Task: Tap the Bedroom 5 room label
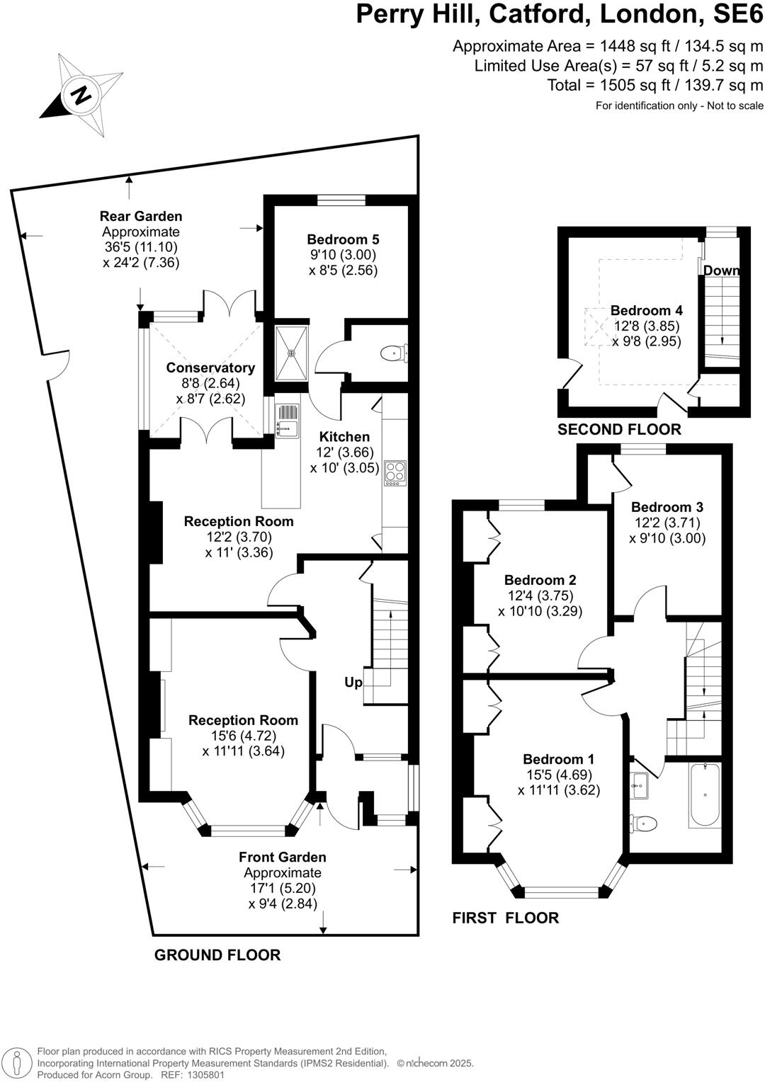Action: click(x=343, y=239)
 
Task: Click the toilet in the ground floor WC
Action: click(x=392, y=352)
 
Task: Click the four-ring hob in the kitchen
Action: click(x=395, y=472)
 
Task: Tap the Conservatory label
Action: click(x=210, y=368)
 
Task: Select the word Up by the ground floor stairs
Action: click(x=353, y=682)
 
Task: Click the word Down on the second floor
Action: click(x=721, y=270)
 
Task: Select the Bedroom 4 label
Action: click(x=646, y=310)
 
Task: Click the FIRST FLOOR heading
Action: click(x=505, y=918)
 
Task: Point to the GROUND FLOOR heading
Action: click(x=217, y=955)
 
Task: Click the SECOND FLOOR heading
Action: click(x=618, y=429)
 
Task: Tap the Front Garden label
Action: click(x=282, y=857)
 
